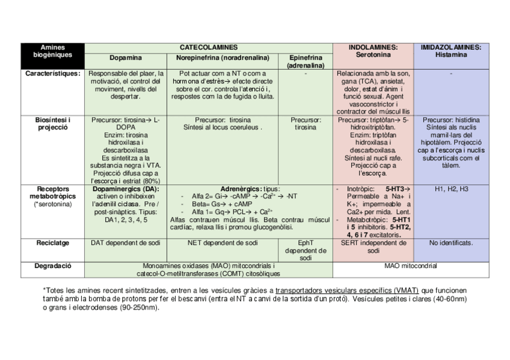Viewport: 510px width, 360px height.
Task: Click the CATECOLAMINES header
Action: pyautogui.click(x=209, y=47)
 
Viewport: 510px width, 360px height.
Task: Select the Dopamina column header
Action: pyautogui.click(x=126, y=58)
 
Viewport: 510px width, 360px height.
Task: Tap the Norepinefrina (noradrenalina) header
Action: pyautogui.click(x=223, y=58)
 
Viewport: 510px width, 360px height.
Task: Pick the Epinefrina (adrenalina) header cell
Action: pyautogui.click(x=306, y=61)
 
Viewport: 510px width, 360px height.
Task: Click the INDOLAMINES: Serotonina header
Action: pyautogui.click(x=373, y=50)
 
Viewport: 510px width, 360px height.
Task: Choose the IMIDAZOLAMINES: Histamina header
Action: pyautogui.click(x=451, y=50)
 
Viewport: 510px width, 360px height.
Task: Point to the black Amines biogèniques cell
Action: pyautogui.click(x=53, y=50)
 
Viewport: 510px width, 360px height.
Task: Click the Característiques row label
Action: pyautogui.click(x=53, y=74)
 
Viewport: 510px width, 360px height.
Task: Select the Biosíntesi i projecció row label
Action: pyautogui.click(x=53, y=124)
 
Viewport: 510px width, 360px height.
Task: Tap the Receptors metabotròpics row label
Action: pyautogui.click(x=53, y=196)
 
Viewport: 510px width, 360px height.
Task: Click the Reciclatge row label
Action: pyautogui.click(x=53, y=243)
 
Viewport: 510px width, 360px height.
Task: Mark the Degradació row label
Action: pyautogui.click(x=53, y=265)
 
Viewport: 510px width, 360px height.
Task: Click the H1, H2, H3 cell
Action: pyautogui.click(x=451, y=189)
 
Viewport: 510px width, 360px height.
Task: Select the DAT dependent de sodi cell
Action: pyautogui.click(x=126, y=243)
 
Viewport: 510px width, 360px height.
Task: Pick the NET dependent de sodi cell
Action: pyautogui.click(x=223, y=243)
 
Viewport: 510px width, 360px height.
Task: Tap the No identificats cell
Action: pyautogui.click(x=451, y=243)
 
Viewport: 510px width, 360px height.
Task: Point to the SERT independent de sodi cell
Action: pyautogui.click(x=373, y=247)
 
